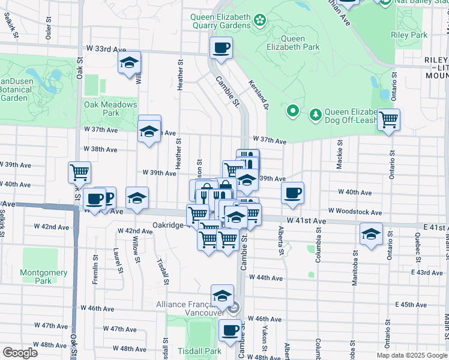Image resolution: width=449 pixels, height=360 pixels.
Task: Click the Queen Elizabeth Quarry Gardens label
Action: click(221, 21)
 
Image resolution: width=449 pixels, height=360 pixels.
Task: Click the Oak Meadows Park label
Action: click(110, 109)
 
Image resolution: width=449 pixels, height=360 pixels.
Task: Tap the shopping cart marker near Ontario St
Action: click(388, 119)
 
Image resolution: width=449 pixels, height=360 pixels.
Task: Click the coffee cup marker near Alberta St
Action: click(292, 193)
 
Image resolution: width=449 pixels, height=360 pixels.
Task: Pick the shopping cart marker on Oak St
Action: click(79, 172)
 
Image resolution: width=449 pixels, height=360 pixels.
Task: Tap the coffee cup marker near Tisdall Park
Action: click(229, 329)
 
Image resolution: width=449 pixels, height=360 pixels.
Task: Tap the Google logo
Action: click(20, 353)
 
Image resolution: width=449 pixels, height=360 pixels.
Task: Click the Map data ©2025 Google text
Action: click(411, 355)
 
